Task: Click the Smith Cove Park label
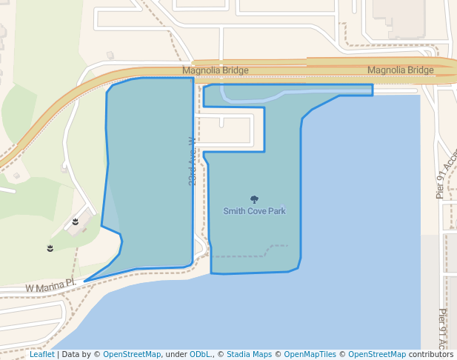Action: pyautogui.click(x=254, y=211)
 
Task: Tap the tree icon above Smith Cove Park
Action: pyautogui.click(x=254, y=199)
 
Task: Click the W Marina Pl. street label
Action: pyautogui.click(x=51, y=286)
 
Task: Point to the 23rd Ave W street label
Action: pyautogui.click(x=192, y=161)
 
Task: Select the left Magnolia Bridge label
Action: pyautogui.click(x=216, y=70)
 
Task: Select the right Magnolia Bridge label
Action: pyautogui.click(x=400, y=70)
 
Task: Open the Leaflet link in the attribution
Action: pyautogui.click(x=42, y=355)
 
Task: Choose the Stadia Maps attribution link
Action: pyautogui.click(x=249, y=355)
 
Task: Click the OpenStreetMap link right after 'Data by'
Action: pyautogui.click(x=132, y=355)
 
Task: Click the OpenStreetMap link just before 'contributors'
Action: pyautogui.click(x=376, y=355)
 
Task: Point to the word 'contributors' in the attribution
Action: pyautogui.click(x=430, y=355)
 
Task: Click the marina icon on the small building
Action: pyautogui.click(x=76, y=221)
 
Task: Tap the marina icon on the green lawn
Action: pyautogui.click(x=50, y=247)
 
